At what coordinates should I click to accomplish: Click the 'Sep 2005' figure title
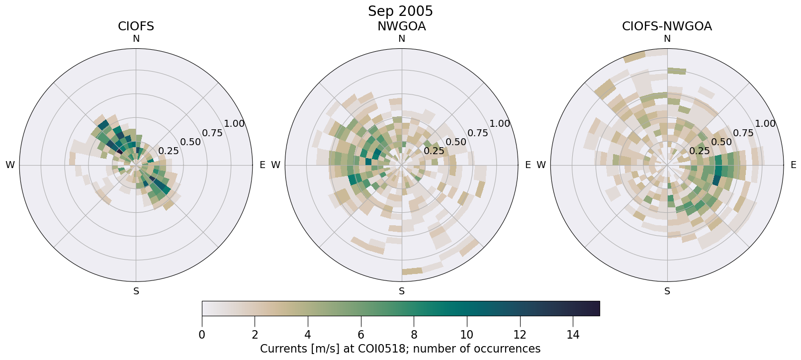pos(400,11)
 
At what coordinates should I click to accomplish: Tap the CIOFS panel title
pos(136,26)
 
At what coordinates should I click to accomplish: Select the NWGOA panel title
pos(401,26)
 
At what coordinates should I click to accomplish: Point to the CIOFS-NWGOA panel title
pos(667,26)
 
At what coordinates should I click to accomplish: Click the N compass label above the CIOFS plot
pos(136,39)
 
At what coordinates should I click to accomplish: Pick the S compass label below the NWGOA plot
pos(402,291)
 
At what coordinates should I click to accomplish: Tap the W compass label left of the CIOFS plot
pos(10,165)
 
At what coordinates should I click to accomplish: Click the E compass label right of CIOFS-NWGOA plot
pos(793,165)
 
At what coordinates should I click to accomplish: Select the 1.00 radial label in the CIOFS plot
pos(234,124)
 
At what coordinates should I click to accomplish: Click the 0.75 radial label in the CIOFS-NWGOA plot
pos(743,133)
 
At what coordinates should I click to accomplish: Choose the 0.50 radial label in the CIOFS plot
pos(190,142)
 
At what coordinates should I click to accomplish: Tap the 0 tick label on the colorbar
pos(202,335)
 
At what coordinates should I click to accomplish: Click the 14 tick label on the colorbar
pos(573,335)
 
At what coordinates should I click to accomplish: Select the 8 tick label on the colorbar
pos(414,335)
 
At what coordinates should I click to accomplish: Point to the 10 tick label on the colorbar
pos(467,335)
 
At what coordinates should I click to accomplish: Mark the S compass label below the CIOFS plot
pos(136,291)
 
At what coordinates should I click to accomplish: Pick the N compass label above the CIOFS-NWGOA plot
pos(667,39)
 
